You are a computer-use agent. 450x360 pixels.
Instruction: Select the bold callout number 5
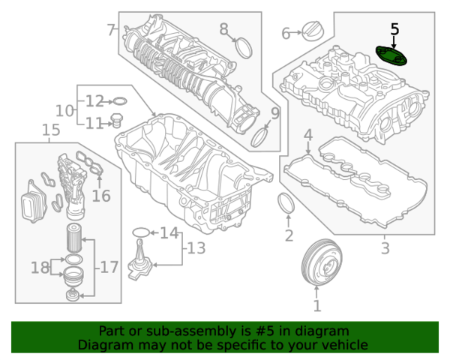(395, 29)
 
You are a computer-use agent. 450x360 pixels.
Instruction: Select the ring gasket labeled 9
(259, 137)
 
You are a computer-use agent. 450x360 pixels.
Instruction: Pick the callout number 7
(111, 30)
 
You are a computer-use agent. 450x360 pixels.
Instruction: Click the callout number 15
(50, 131)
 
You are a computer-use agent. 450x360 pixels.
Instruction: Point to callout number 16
(100, 196)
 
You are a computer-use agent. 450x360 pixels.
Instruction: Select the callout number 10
(64, 110)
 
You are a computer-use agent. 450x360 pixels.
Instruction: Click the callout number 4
(307, 135)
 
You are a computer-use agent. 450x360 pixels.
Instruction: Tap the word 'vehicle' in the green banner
(345, 345)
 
